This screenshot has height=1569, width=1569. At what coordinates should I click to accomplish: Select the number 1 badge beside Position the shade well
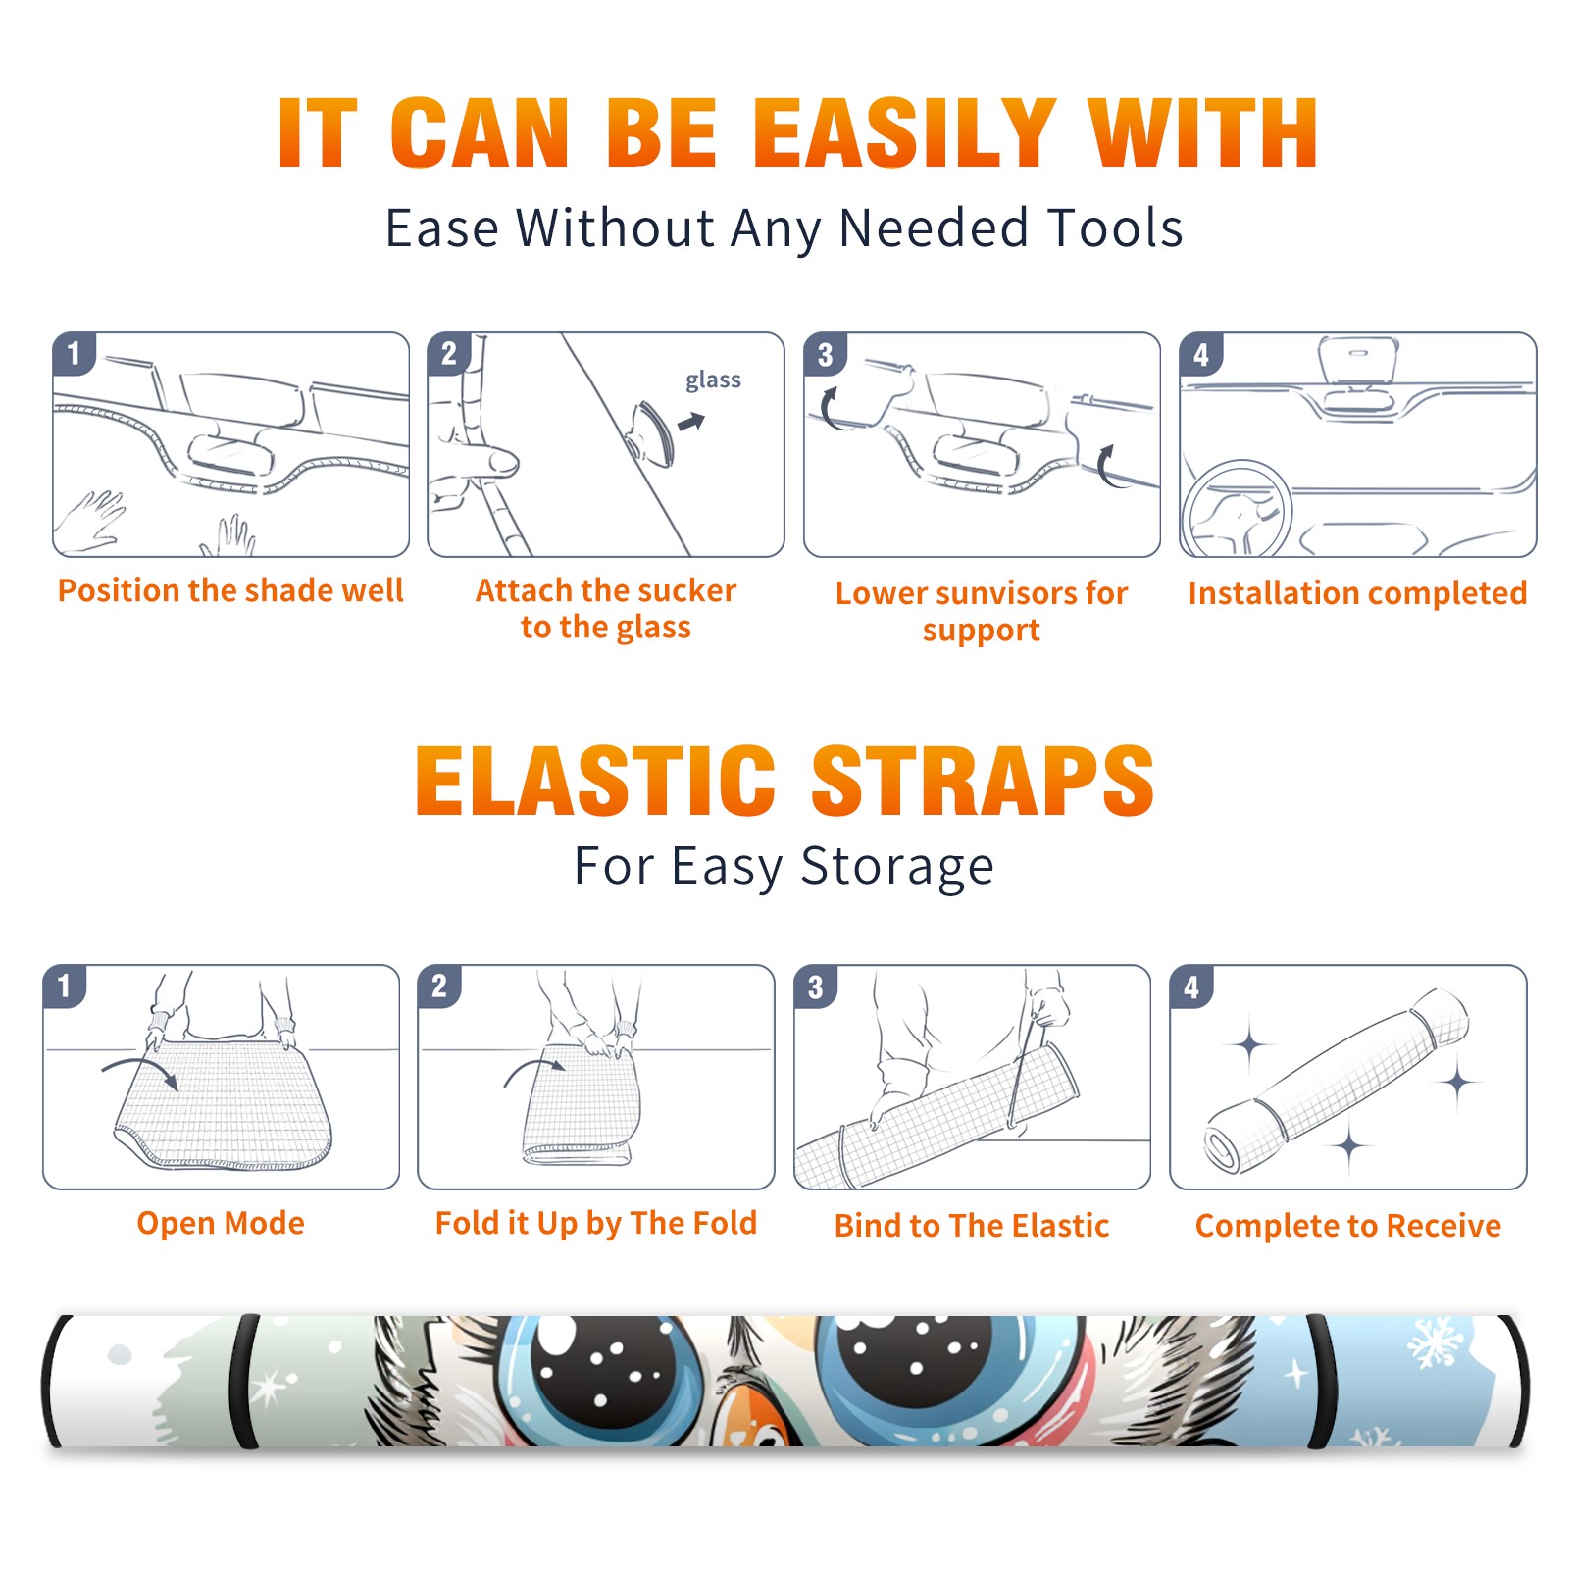point(74,353)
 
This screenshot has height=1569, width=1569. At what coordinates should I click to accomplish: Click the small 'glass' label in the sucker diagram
point(713,380)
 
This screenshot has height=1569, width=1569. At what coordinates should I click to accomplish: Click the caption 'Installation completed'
point(1357,592)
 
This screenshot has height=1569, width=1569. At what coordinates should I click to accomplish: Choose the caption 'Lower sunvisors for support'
point(982,611)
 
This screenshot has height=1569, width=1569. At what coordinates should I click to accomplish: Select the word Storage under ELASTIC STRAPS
point(897,867)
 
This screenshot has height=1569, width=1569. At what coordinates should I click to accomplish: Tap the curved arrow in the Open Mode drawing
point(141,1072)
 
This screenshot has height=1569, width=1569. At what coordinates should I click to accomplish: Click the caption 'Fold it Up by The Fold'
point(596,1224)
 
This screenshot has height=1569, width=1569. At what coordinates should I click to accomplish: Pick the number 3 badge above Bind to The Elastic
point(816,987)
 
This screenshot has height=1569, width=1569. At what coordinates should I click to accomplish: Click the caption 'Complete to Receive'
point(1348,1226)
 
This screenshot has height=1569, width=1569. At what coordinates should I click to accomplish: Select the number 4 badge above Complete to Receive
point(1191,987)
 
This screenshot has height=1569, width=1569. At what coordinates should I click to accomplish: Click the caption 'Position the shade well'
point(230,590)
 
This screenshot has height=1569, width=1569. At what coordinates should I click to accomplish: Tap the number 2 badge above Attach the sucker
point(449,353)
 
